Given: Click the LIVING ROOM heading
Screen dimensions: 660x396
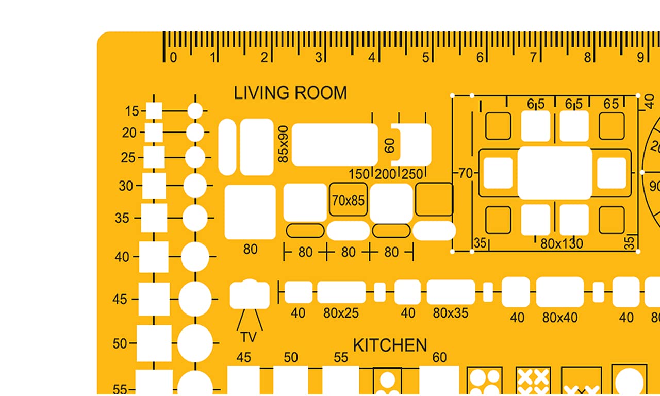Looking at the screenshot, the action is (290, 93).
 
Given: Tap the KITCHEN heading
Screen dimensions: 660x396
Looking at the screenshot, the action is (390, 345).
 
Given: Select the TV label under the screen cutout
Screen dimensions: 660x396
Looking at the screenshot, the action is (249, 337).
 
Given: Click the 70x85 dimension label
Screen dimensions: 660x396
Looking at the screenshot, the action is (348, 201).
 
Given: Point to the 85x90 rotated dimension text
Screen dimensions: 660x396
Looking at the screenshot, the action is (283, 144).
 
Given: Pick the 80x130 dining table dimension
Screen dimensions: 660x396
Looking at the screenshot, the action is (562, 244).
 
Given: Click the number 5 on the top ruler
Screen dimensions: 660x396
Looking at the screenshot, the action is (425, 57).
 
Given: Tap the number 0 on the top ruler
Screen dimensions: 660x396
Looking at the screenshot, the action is (174, 57).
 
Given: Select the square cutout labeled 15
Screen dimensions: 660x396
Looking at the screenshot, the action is (154, 111).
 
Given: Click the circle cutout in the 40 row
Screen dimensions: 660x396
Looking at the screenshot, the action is (195, 257).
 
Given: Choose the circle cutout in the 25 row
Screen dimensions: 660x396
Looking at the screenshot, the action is (195, 158).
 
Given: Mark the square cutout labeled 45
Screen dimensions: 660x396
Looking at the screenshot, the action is (154, 299).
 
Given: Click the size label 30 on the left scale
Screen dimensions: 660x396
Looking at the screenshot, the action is (126, 186).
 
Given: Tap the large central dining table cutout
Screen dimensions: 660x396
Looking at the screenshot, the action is (554, 173).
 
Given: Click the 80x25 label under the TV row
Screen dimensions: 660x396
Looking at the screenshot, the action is (341, 313).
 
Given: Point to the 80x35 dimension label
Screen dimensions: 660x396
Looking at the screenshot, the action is (451, 313).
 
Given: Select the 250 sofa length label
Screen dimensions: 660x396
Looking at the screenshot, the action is (412, 174).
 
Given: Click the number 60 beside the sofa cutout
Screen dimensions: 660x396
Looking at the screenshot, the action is (389, 145).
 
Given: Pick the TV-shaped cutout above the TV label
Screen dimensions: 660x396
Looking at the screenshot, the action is (250, 294).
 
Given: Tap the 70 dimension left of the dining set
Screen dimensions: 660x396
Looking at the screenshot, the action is (466, 173).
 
